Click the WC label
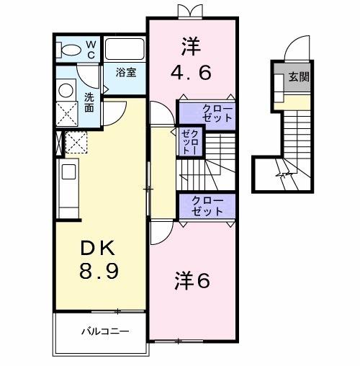(x=91, y=49)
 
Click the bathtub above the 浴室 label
(x=125, y=50)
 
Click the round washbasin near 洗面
(x=66, y=89)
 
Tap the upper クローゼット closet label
(x=213, y=112)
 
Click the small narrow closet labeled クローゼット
(x=189, y=142)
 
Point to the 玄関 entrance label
(x=299, y=76)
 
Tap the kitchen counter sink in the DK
(x=68, y=172)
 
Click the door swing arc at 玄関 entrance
(x=295, y=50)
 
